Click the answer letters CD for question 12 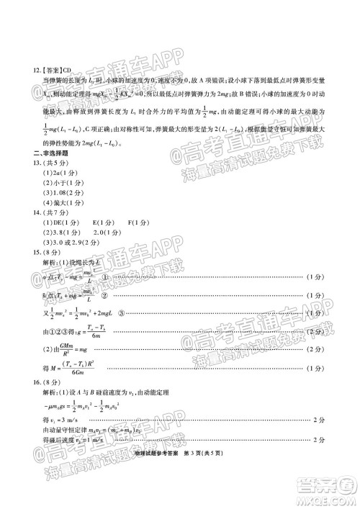(x=67, y=71)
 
